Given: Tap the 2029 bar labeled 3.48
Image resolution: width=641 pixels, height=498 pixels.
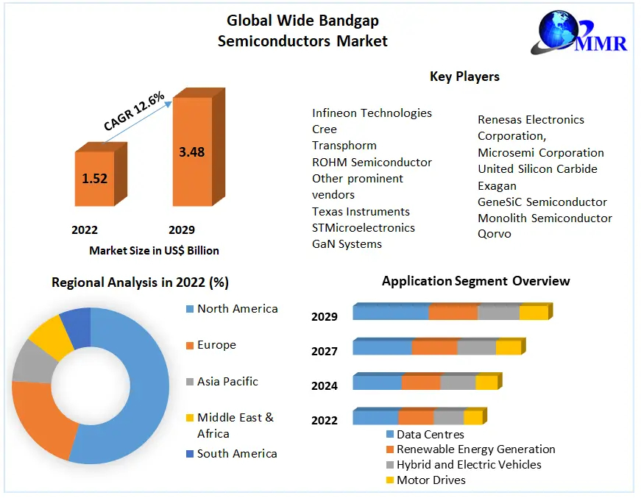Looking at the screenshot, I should click(191, 152).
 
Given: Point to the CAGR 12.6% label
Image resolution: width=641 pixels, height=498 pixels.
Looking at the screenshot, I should click(133, 111).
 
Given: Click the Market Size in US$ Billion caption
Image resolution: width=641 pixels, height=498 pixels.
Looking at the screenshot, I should click(154, 251).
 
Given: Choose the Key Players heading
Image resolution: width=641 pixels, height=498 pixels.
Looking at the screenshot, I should click(464, 77).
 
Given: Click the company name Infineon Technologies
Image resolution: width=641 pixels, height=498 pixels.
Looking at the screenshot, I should click(372, 113).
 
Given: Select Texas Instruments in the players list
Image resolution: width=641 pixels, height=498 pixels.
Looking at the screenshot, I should click(361, 212).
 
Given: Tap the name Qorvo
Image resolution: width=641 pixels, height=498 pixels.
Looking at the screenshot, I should click(494, 234).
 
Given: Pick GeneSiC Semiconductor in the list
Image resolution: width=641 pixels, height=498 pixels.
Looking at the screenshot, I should click(542, 202).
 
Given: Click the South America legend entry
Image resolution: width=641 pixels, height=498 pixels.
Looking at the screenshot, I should click(237, 454).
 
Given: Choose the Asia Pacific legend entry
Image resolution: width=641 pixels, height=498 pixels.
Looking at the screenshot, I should click(227, 382).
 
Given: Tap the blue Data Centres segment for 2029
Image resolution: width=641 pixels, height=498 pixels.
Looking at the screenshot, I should click(391, 313).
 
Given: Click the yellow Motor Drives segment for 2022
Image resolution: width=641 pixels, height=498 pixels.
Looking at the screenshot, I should click(472, 418).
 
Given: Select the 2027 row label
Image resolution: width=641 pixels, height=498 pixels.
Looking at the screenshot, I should click(324, 351).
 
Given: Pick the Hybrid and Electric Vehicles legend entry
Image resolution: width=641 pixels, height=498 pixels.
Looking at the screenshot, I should click(469, 465).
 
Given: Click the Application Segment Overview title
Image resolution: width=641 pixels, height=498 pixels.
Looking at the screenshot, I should click(475, 281).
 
